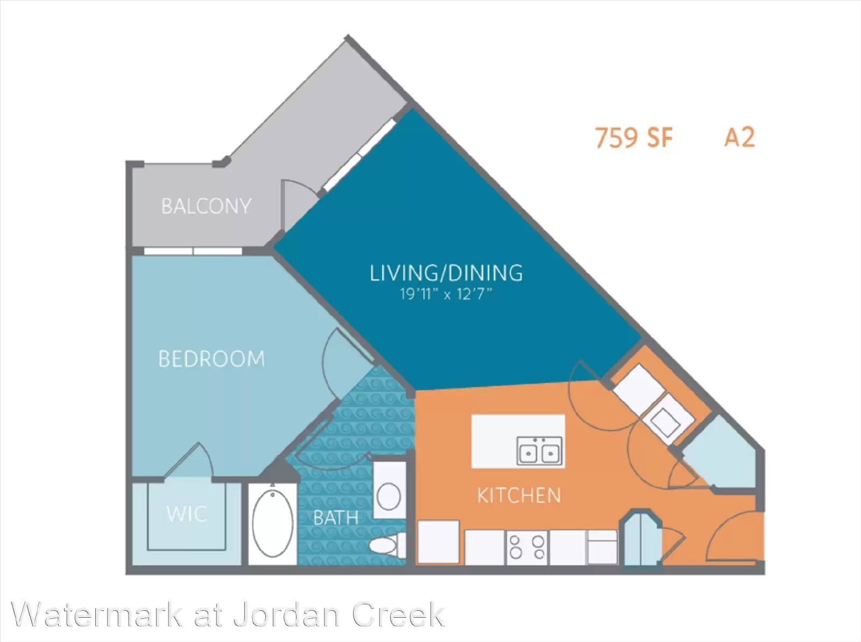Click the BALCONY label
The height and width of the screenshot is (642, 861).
point(206,206)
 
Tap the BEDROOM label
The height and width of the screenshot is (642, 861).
point(212,358)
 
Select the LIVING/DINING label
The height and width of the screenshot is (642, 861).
point(447,273)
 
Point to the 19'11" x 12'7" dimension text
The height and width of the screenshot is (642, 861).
point(447,294)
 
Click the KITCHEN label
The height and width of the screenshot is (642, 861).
point(519,495)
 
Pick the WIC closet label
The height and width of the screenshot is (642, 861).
point(187,514)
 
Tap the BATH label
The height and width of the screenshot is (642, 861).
point(336,518)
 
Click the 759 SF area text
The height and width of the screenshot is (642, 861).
point(634,138)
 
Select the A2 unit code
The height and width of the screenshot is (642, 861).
point(739,137)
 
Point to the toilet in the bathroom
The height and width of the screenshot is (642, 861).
point(387,545)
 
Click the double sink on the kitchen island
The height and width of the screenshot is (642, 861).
point(539,451)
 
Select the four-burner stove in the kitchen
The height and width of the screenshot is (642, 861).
point(527,548)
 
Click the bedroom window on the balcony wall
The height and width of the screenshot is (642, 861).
point(193,251)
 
